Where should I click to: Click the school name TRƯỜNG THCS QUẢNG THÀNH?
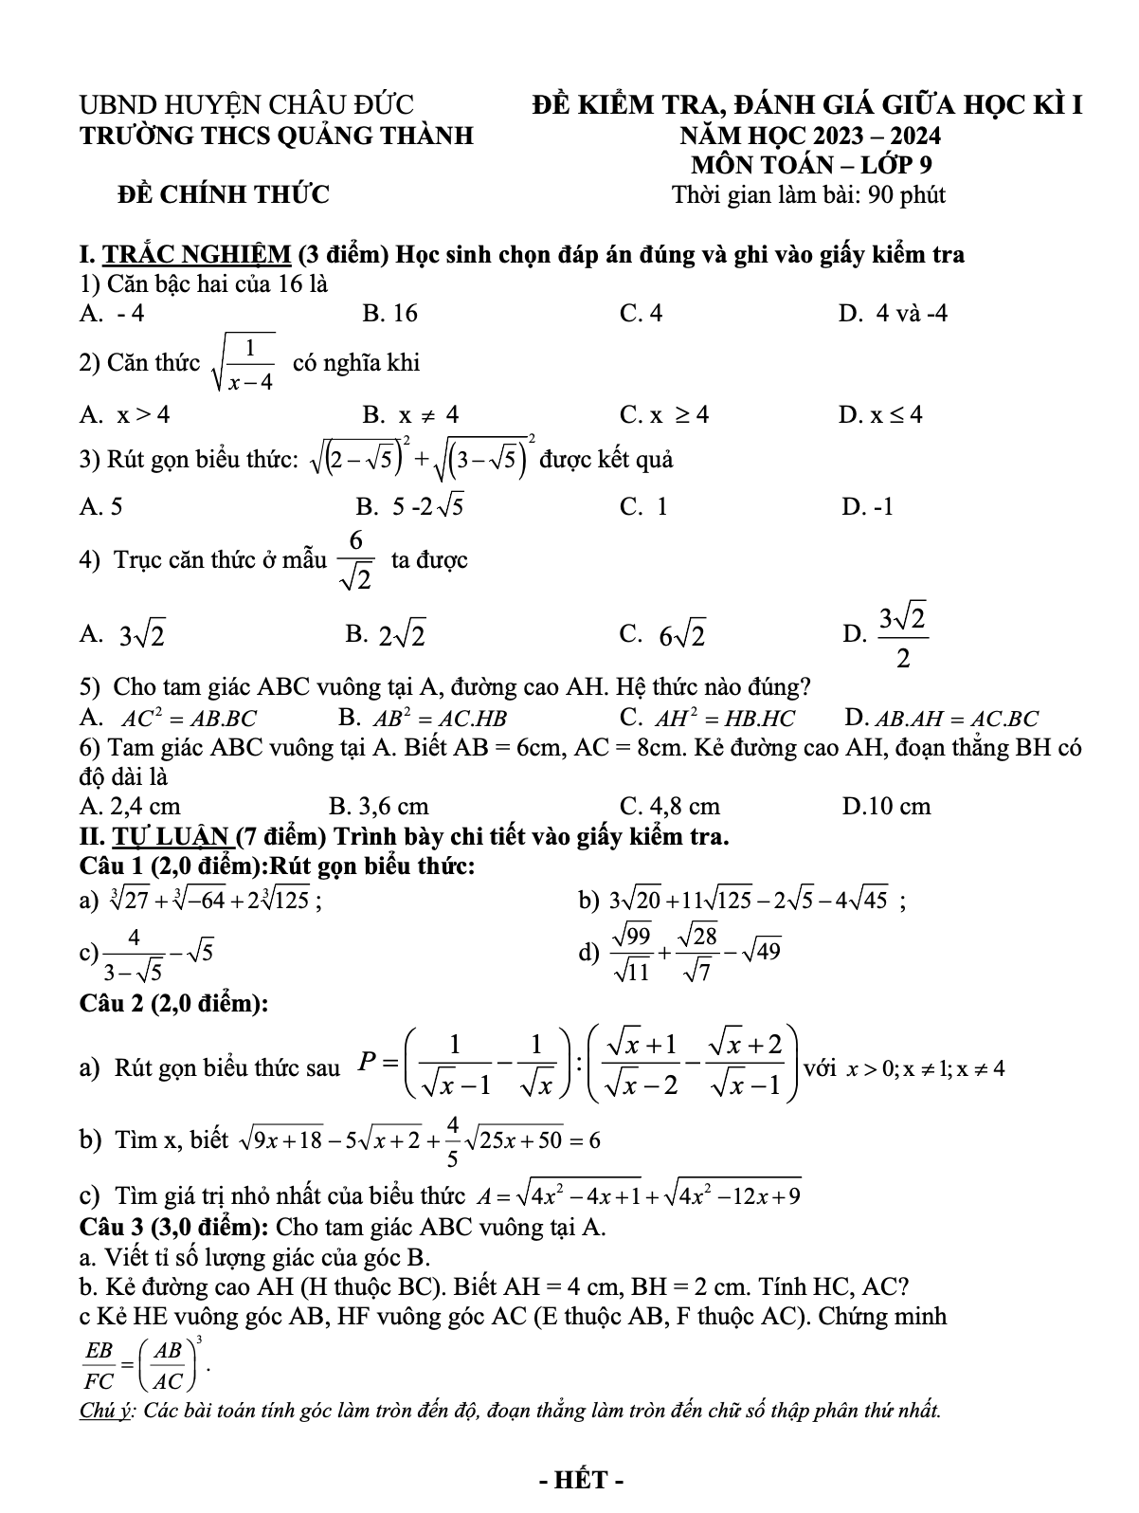(277, 137)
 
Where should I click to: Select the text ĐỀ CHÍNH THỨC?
(223, 195)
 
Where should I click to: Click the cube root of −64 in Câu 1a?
(209, 901)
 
